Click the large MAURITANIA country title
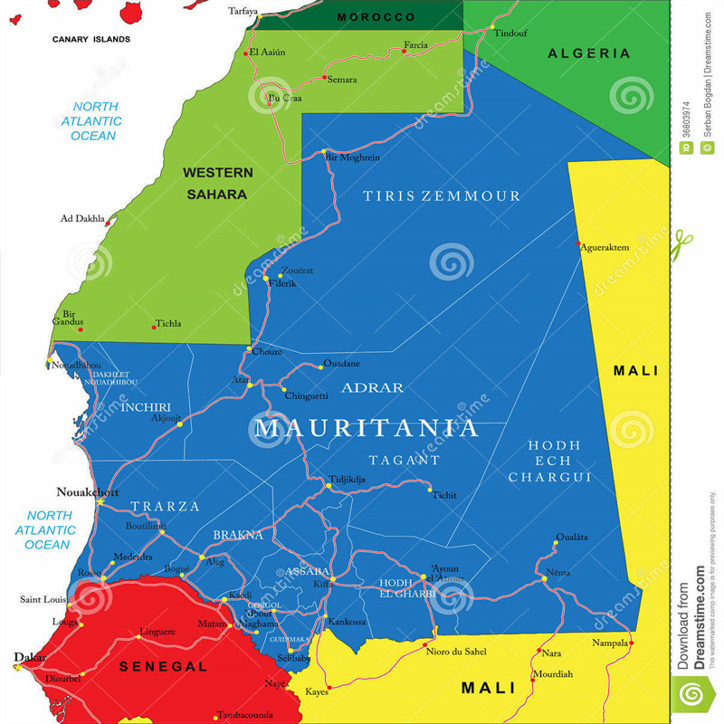pyautogui.click(x=366, y=428)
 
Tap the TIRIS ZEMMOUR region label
pyautogui.click(x=442, y=196)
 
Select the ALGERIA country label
pyautogui.click(x=589, y=53)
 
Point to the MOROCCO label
pyautogui.click(x=376, y=17)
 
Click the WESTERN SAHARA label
pyautogui.click(x=217, y=183)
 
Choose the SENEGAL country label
pyautogui.click(x=163, y=666)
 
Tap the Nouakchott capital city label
pyautogui.click(x=88, y=492)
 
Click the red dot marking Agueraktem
pyautogui.click(x=579, y=243)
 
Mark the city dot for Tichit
pyautogui.click(x=430, y=490)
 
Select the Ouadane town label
pyautogui.click(x=341, y=363)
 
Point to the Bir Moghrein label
pyautogui.click(x=352, y=157)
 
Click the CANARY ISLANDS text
pyautogui.click(x=90, y=40)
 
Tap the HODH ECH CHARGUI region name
pyautogui.click(x=549, y=461)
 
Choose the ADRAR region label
pyautogui.click(x=372, y=388)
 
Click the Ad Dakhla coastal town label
pyautogui.click(x=81, y=218)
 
